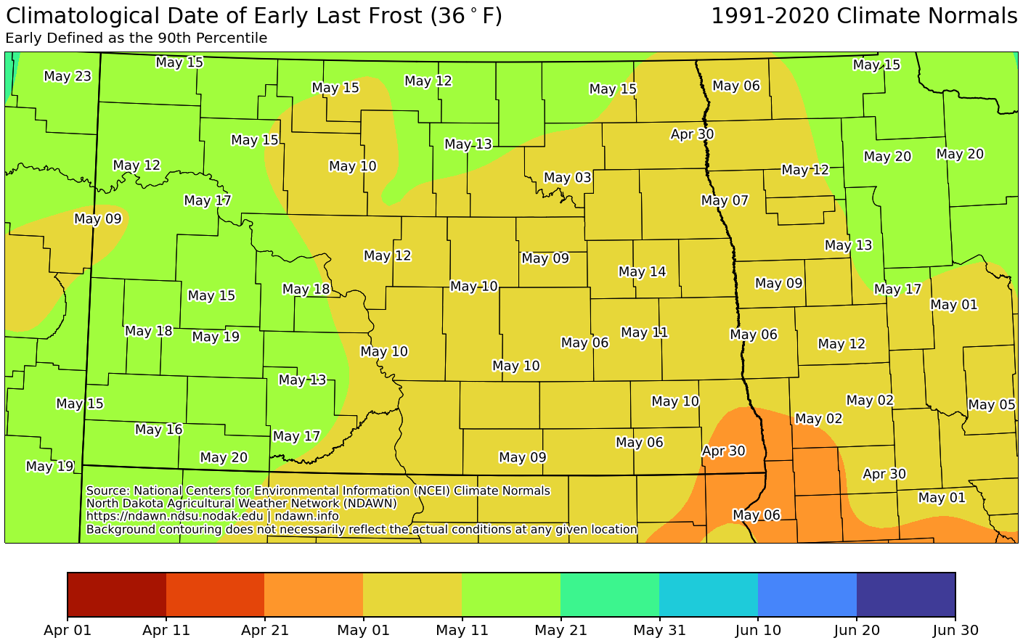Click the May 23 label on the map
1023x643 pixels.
pos(68,76)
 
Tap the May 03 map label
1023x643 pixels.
pos(567,178)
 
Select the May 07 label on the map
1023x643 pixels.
pos(724,200)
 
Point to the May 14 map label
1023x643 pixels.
pos(642,271)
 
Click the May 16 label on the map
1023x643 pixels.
pos(158,430)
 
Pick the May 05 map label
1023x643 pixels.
pos(991,405)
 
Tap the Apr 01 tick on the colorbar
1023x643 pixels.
pos(68,630)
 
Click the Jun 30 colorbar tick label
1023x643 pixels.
pos(955,630)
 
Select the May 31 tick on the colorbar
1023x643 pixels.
pos(659,630)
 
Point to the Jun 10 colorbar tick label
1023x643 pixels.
pos(758,630)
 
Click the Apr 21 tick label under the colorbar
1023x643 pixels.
pos(264,630)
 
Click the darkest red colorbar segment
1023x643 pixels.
pos(117,594)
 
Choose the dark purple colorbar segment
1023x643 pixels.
pos(905,594)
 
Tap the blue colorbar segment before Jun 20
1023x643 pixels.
pos(807,594)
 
